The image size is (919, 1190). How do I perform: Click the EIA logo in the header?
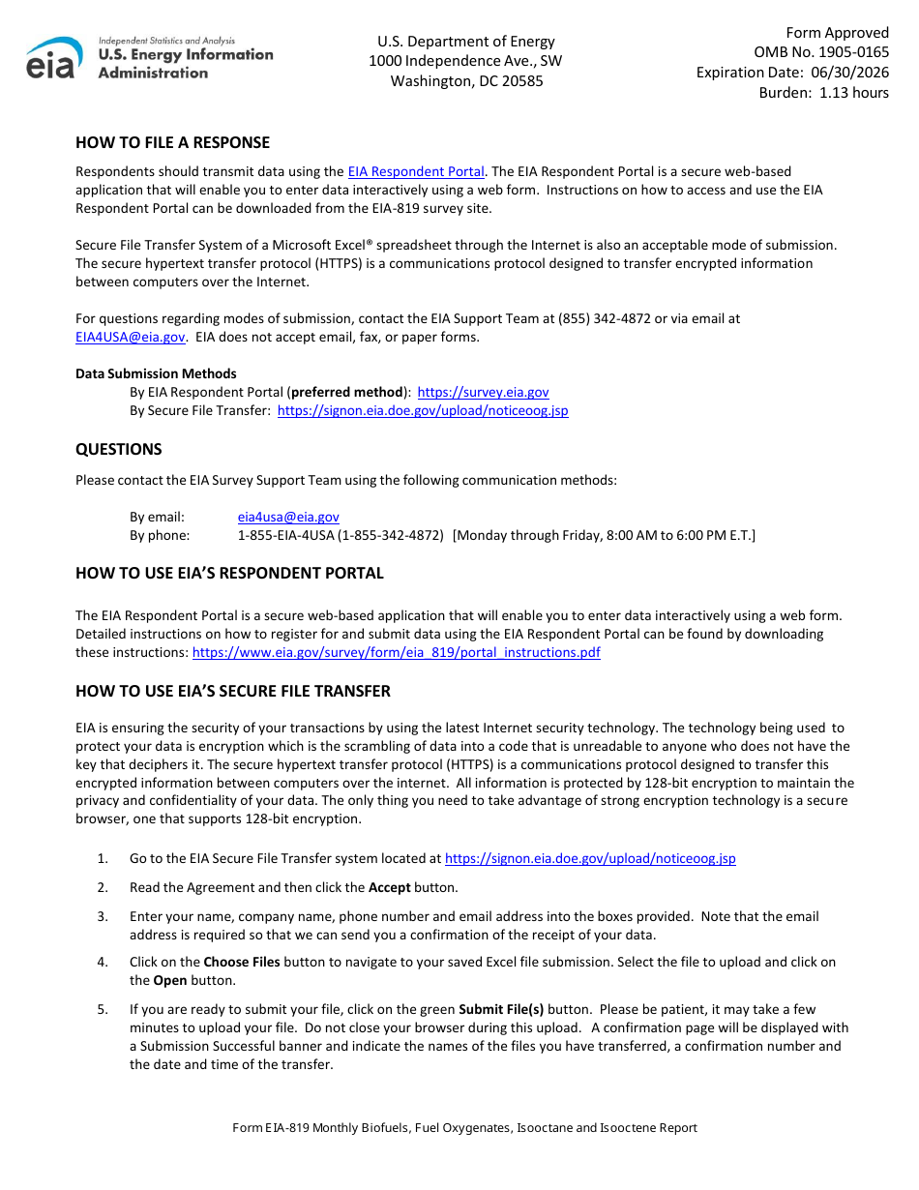[149, 58]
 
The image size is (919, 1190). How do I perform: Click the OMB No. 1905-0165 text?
[821, 52]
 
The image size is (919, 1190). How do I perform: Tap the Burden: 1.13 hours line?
[823, 93]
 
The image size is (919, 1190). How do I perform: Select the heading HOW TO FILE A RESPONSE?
[172, 142]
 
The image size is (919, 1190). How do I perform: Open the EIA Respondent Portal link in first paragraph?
[416, 171]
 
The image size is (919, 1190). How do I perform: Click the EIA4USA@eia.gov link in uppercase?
[130, 337]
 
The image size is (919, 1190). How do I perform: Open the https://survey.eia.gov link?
[483, 392]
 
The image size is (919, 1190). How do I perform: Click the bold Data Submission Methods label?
[156, 373]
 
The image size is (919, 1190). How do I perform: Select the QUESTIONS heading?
[119, 449]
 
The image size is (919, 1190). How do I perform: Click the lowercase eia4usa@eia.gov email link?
[288, 517]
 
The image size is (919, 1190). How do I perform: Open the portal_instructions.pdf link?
[396, 652]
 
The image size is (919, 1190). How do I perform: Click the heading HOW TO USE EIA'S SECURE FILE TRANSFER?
[233, 691]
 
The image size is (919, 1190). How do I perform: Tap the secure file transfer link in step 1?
[589, 858]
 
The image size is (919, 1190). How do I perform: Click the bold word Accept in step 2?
[390, 887]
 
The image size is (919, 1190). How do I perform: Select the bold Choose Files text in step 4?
[241, 962]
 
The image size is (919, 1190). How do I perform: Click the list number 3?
[103, 916]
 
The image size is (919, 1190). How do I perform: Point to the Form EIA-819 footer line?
[464, 1128]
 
